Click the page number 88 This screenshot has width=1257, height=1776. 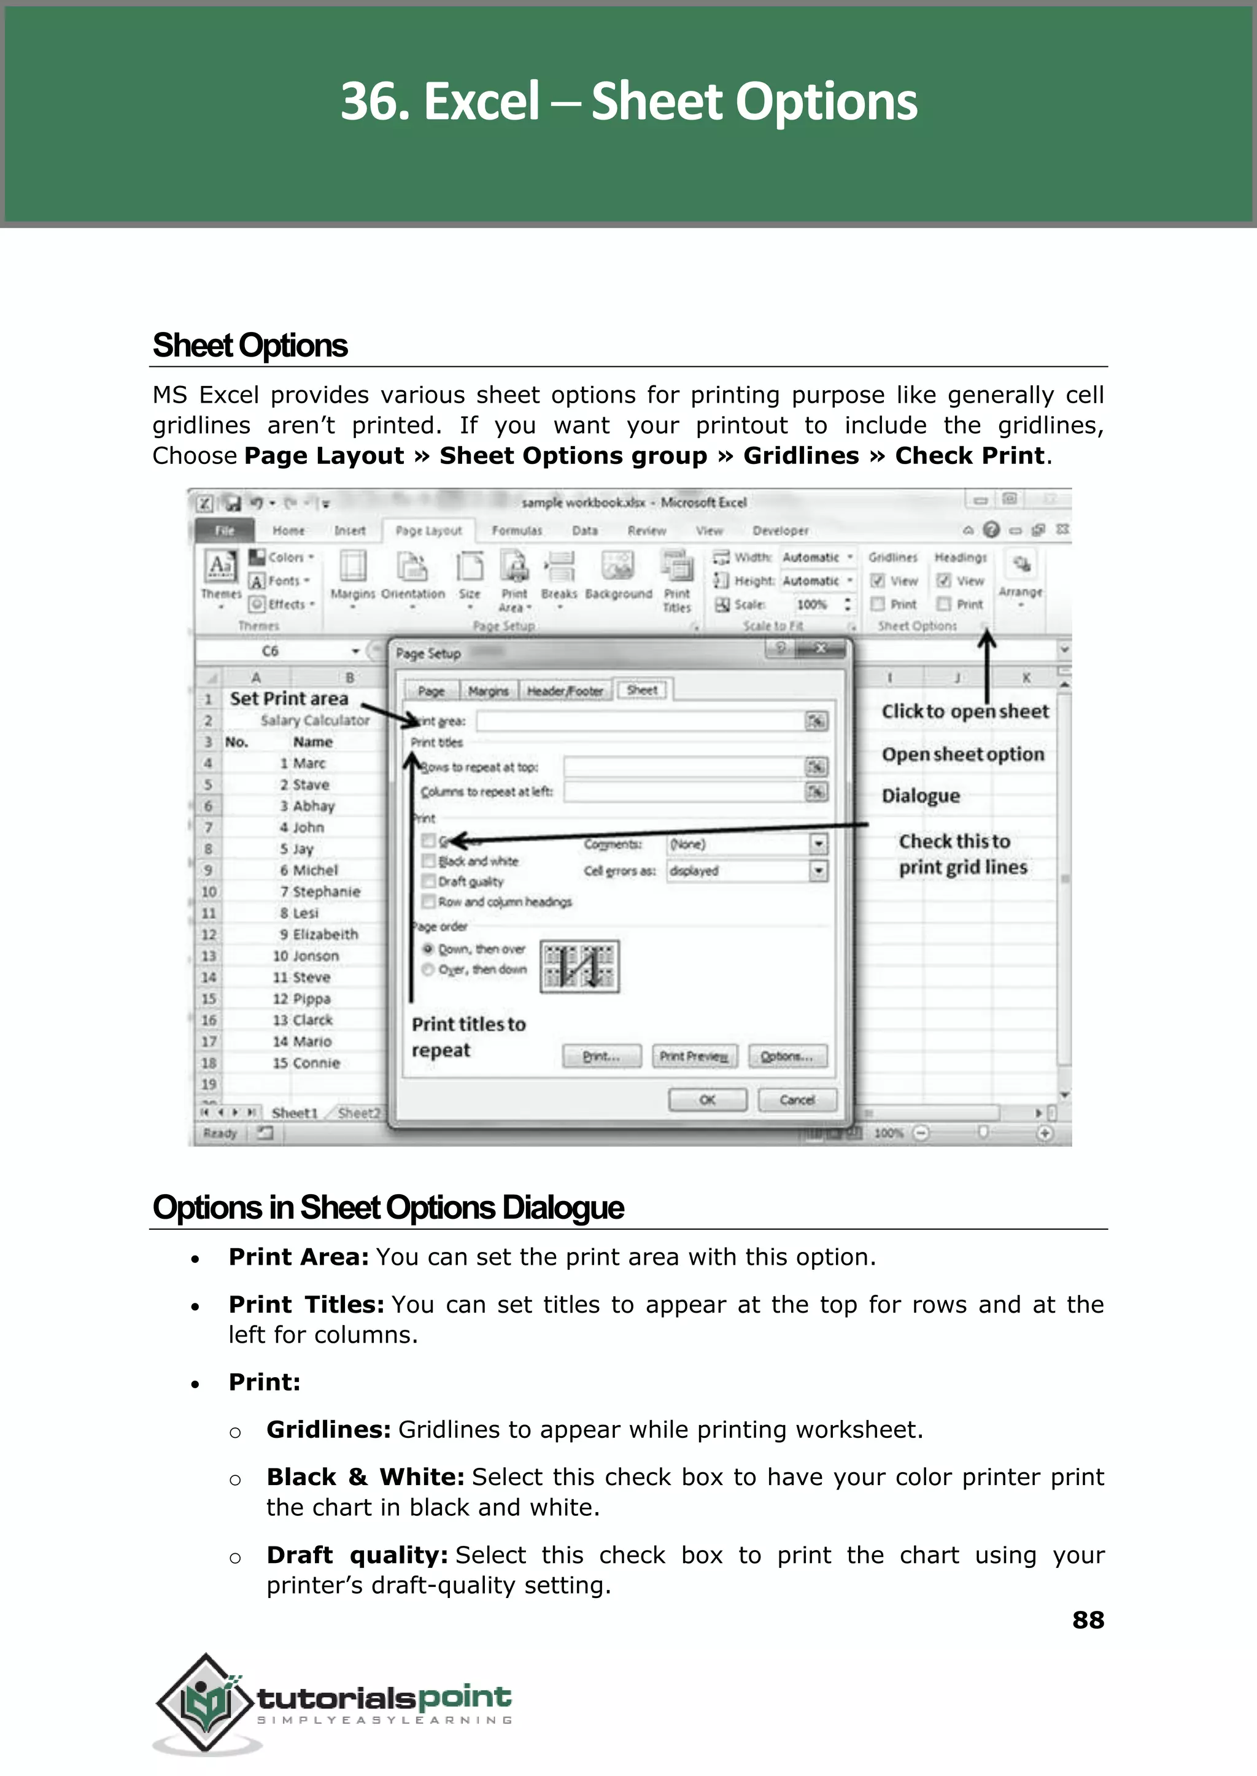pyautogui.click(x=1088, y=1620)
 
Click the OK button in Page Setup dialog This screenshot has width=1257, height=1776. pyautogui.click(x=706, y=1100)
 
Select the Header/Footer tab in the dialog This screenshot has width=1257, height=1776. pyautogui.click(x=564, y=691)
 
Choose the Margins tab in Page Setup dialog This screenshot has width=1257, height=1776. pyautogui.click(x=489, y=691)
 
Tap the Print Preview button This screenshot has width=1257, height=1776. pyautogui.click(x=694, y=1056)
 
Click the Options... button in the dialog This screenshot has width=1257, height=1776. pyautogui.click(x=786, y=1056)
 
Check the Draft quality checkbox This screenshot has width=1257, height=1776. pyautogui.click(x=428, y=881)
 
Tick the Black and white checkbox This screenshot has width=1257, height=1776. pyautogui.click(x=428, y=860)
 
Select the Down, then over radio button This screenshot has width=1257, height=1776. pyautogui.click(x=427, y=949)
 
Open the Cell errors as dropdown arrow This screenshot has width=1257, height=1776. pyautogui.click(x=818, y=871)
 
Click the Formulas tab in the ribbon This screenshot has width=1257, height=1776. pyautogui.click(x=517, y=531)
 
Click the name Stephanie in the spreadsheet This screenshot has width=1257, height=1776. pyautogui.click(x=326, y=892)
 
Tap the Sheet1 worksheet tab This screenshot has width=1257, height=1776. pyautogui.click(x=294, y=1113)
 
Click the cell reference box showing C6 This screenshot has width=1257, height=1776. pyautogui.click(x=270, y=651)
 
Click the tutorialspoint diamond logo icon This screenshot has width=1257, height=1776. pyautogui.click(x=206, y=1702)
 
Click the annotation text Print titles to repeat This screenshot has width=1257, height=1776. pyautogui.click(x=468, y=1037)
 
